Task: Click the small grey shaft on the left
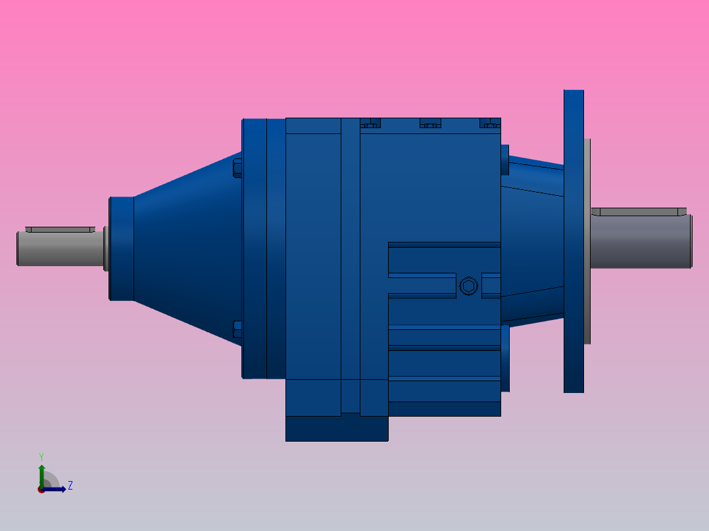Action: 59,249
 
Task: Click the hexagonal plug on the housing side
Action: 468,286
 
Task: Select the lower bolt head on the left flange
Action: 238,329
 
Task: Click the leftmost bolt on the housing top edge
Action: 371,123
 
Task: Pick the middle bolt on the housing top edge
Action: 429,123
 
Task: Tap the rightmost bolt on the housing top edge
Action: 490,123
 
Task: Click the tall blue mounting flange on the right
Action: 574,241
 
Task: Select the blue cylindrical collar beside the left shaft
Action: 121,248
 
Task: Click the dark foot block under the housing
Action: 336,428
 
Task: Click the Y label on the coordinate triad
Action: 41,456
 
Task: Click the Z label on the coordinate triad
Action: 70,486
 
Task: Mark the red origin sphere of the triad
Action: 41,489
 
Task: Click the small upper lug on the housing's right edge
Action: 504,160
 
